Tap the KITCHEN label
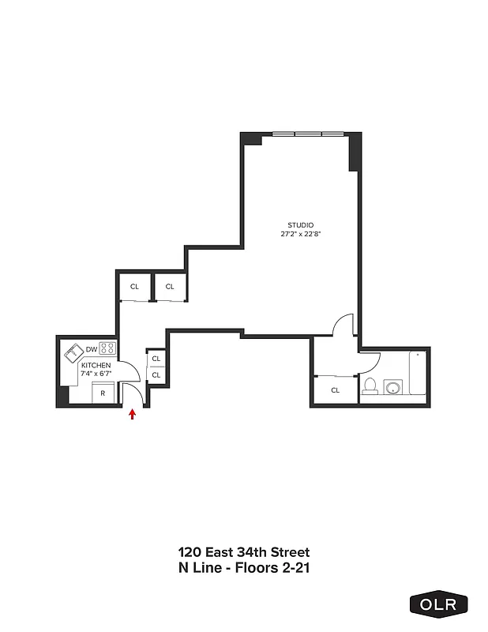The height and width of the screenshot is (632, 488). pos(96,366)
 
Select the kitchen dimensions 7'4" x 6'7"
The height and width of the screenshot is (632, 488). pos(96,374)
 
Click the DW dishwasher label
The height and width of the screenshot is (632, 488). pos(91,349)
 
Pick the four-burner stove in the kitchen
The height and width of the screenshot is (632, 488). pos(107,348)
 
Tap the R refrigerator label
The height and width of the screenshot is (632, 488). pos(102,392)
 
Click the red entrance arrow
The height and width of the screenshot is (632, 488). pos(132,413)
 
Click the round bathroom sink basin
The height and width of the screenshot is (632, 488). pos(392,388)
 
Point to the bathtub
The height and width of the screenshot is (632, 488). pos(418,375)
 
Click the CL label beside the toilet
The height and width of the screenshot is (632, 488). pos(335,389)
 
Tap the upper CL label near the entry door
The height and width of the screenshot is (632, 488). pos(156,359)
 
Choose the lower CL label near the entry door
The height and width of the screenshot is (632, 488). pos(156,374)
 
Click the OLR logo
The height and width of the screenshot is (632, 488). pos(438,604)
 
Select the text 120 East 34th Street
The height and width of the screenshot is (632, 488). pos(243,551)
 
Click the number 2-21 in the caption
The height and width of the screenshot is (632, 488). pos(303,566)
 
